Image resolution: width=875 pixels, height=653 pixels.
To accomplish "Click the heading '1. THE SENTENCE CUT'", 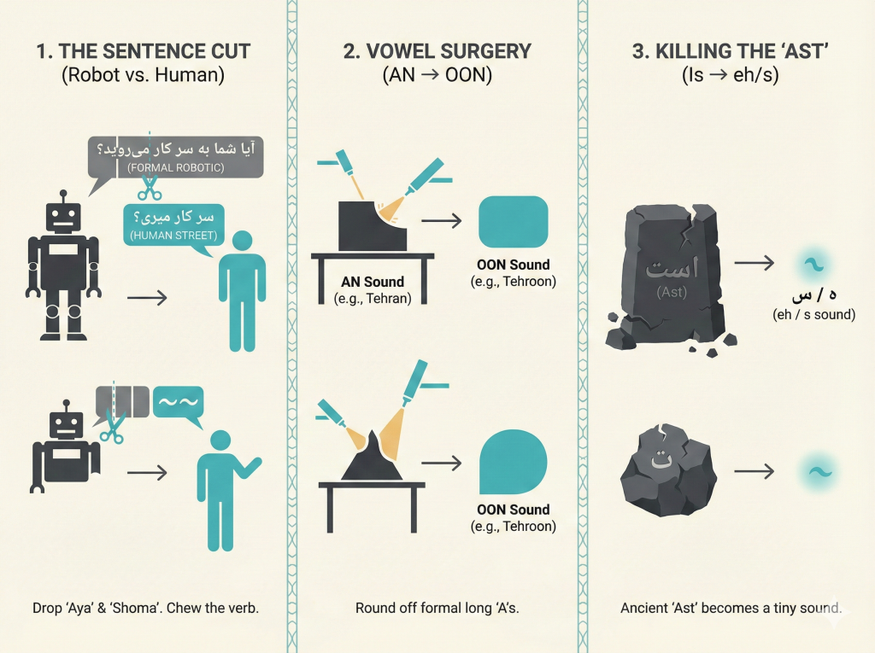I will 143,50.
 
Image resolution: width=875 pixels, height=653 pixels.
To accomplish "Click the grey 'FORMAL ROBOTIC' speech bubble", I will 175,156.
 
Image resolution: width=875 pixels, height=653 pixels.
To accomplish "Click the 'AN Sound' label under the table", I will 373,282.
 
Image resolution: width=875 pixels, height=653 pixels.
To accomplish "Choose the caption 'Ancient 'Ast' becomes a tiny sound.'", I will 731,609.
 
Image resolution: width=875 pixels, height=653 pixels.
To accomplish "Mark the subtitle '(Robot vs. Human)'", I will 143,75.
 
